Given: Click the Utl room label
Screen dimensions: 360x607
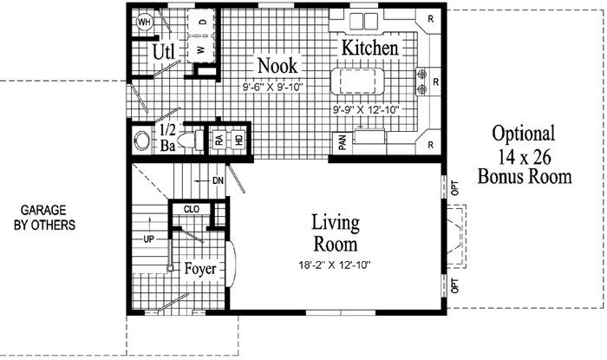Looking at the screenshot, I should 164,53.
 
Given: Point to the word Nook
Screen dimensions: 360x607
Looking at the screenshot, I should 277,66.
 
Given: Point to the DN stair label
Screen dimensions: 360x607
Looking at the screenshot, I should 218,180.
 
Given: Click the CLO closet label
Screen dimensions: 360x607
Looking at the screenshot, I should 193,208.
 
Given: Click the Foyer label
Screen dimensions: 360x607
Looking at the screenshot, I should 200,269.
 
